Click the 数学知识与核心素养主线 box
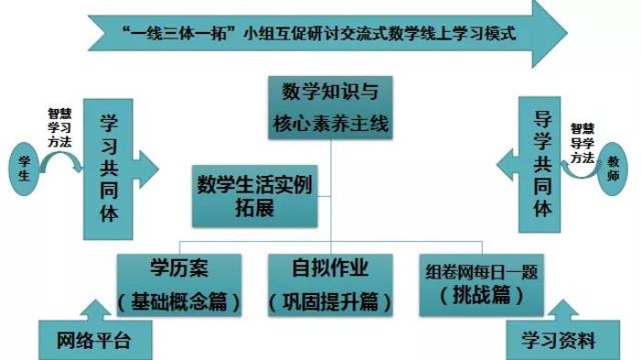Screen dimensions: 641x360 [x=331, y=107]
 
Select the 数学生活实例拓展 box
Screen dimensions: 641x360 [x=255, y=196]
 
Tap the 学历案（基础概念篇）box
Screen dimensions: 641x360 [x=179, y=285]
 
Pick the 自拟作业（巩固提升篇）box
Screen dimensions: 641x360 [x=331, y=285]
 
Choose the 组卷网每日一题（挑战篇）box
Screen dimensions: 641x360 [x=482, y=285]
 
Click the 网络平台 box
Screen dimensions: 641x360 [x=95, y=340]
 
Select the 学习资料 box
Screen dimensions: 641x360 [x=563, y=340]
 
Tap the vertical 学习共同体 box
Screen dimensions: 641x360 [x=108, y=169]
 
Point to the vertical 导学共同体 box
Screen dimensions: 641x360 [x=539, y=165]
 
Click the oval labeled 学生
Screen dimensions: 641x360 [x=24, y=169]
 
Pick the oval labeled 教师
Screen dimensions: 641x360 [x=613, y=169]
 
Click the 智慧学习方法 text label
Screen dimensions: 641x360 [x=60, y=127]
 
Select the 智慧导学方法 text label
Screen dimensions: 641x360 [x=582, y=144]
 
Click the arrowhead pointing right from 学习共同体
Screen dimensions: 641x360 [x=148, y=169]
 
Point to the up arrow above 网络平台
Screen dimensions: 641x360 [x=95, y=311]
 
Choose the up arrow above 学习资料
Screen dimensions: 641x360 [x=563, y=311]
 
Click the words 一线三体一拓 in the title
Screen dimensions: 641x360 [x=179, y=33]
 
